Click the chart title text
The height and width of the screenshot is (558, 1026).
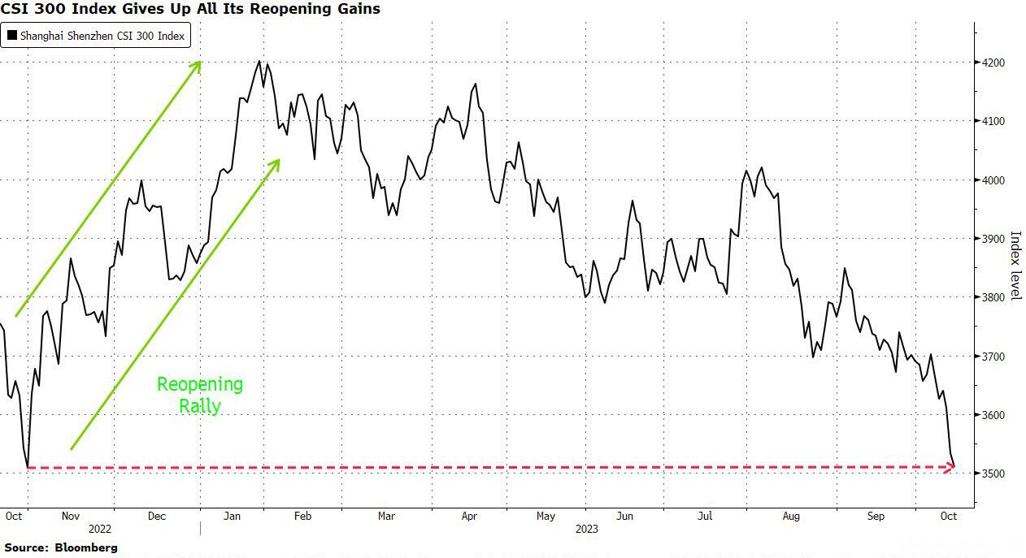coord(190,10)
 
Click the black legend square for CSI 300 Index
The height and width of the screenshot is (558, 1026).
coord(12,36)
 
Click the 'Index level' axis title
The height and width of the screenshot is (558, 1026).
coord(1015,264)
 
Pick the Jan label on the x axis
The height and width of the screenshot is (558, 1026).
coord(232,516)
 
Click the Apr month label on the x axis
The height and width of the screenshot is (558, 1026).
coord(468,516)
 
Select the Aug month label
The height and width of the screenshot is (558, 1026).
coord(790,516)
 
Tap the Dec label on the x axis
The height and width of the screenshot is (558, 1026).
coord(156,516)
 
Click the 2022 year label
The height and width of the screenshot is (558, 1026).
coord(101,528)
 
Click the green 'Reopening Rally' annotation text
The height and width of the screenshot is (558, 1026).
coord(200,395)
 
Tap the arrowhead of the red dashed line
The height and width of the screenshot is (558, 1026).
coord(949,467)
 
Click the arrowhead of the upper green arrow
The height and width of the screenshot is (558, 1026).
coord(196,65)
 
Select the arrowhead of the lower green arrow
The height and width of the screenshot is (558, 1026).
coord(276,163)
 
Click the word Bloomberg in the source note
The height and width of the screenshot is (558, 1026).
coord(86,548)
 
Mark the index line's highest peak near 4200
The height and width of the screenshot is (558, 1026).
coord(259,61)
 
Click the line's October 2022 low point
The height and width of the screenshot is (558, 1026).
coord(28,467)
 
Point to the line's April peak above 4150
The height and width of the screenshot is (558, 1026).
coord(475,84)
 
